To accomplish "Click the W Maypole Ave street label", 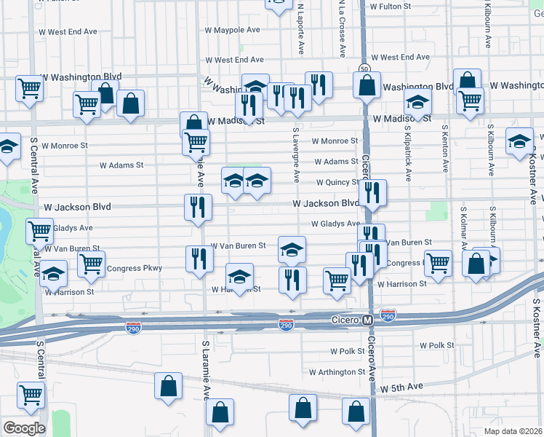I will click(232, 31).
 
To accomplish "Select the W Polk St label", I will click(436, 345).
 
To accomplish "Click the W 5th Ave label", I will click(401, 387).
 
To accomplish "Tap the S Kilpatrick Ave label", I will click(408, 154).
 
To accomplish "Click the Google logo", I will click(23, 428).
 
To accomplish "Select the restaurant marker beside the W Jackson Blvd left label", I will click(199, 208).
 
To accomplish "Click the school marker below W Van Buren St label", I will click(292, 251).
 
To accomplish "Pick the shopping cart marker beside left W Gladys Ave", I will click(39, 232).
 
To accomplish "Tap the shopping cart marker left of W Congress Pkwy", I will click(92, 266).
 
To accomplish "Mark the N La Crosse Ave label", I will click(340, 29).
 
